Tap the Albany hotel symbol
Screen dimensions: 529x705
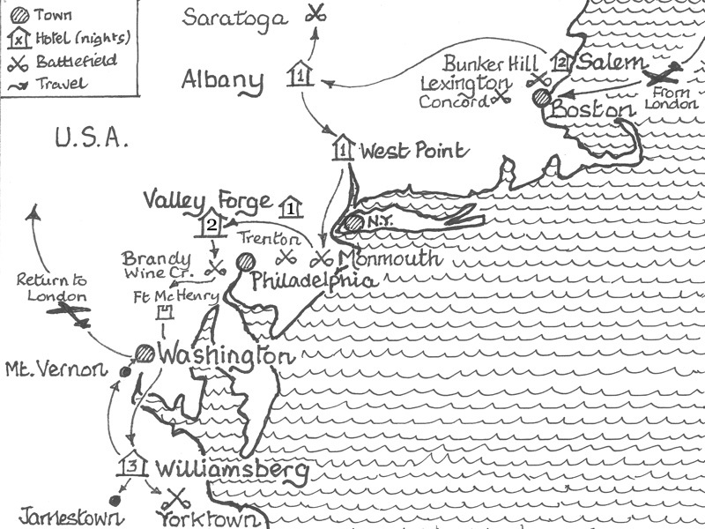pyautogui.click(x=301, y=75)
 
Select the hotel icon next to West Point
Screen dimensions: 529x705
pyautogui.click(x=343, y=149)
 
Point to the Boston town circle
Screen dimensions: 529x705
pyautogui.click(x=541, y=97)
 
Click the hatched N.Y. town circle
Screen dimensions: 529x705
pyautogui.click(x=354, y=223)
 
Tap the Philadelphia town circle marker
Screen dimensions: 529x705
pyautogui.click(x=245, y=263)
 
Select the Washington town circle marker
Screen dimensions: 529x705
pyautogui.click(x=145, y=354)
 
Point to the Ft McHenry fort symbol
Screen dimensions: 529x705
pyautogui.click(x=163, y=312)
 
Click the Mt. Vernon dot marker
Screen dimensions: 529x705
pyautogui.click(x=124, y=371)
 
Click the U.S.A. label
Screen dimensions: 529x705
pyautogui.click(x=91, y=138)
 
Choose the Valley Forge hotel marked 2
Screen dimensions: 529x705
pyautogui.click(x=211, y=224)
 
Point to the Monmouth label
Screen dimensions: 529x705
pyautogui.click(x=389, y=258)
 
